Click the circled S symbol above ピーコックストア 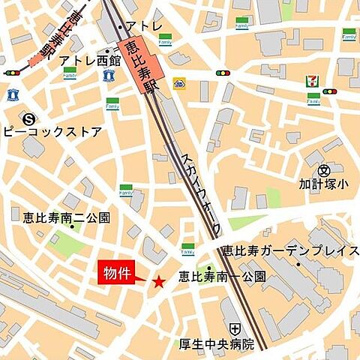point(28,118)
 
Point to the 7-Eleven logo point(311,82)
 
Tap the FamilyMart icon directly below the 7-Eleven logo point(313,98)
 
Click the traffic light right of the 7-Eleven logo point(329,91)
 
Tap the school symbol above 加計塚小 point(323,170)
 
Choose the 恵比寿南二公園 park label point(66,217)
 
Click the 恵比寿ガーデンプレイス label point(289,250)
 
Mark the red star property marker point(158,282)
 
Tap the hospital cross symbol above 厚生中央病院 point(235,328)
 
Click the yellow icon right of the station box point(178,82)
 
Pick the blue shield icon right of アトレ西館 point(109,75)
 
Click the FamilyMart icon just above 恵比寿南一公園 point(187,249)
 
